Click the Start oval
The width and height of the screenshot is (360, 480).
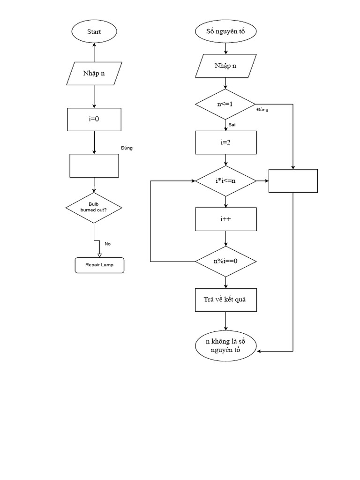tap(94, 32)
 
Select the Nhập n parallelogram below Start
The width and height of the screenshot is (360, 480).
tap(94, 73)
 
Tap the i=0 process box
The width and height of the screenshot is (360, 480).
tap(94, 119)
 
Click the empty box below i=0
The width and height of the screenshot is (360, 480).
tap(94, 165)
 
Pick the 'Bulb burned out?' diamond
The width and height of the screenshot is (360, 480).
tap(94, 207)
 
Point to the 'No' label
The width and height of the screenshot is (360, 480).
tap(108, 244)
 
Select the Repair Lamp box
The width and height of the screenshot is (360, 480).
tap(99, 265)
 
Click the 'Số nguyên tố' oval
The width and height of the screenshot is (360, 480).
tap(225, 32)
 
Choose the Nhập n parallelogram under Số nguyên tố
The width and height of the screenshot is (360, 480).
tap(225, 66)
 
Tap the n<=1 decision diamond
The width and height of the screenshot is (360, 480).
tap(225, 104)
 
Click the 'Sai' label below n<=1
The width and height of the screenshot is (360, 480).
tap(232, 125)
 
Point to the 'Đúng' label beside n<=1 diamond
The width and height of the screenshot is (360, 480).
tap(262, 110)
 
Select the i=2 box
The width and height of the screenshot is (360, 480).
tap(225, 142)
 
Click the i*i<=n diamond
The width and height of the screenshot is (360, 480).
tap(225, 180)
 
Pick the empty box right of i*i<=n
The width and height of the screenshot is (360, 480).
tap(293, 180)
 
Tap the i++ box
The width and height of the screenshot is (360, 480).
tap(225, 219)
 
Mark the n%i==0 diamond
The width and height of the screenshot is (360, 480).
tap(225, 261)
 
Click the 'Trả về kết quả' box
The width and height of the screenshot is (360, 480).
tap(225, 300)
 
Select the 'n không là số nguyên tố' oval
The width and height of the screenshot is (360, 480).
tap(225, 346)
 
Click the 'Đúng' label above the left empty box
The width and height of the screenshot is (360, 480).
tap(127, 148)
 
